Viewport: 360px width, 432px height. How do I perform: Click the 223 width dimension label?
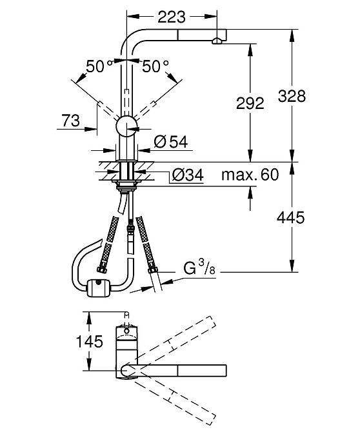(172, 17)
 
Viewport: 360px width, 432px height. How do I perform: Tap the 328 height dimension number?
(292, 96)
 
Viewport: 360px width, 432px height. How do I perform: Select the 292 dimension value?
(250, 103)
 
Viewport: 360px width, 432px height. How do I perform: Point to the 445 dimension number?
(291, 218)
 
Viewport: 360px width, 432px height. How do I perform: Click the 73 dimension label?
(70, 121)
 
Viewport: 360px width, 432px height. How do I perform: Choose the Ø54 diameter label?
(171, 142)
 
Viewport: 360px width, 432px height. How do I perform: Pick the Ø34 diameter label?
(188, 175)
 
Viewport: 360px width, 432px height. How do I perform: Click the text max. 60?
(250, 174)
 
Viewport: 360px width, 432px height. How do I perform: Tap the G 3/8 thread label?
(199, 268)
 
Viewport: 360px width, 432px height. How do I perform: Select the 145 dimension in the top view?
(89, 342)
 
